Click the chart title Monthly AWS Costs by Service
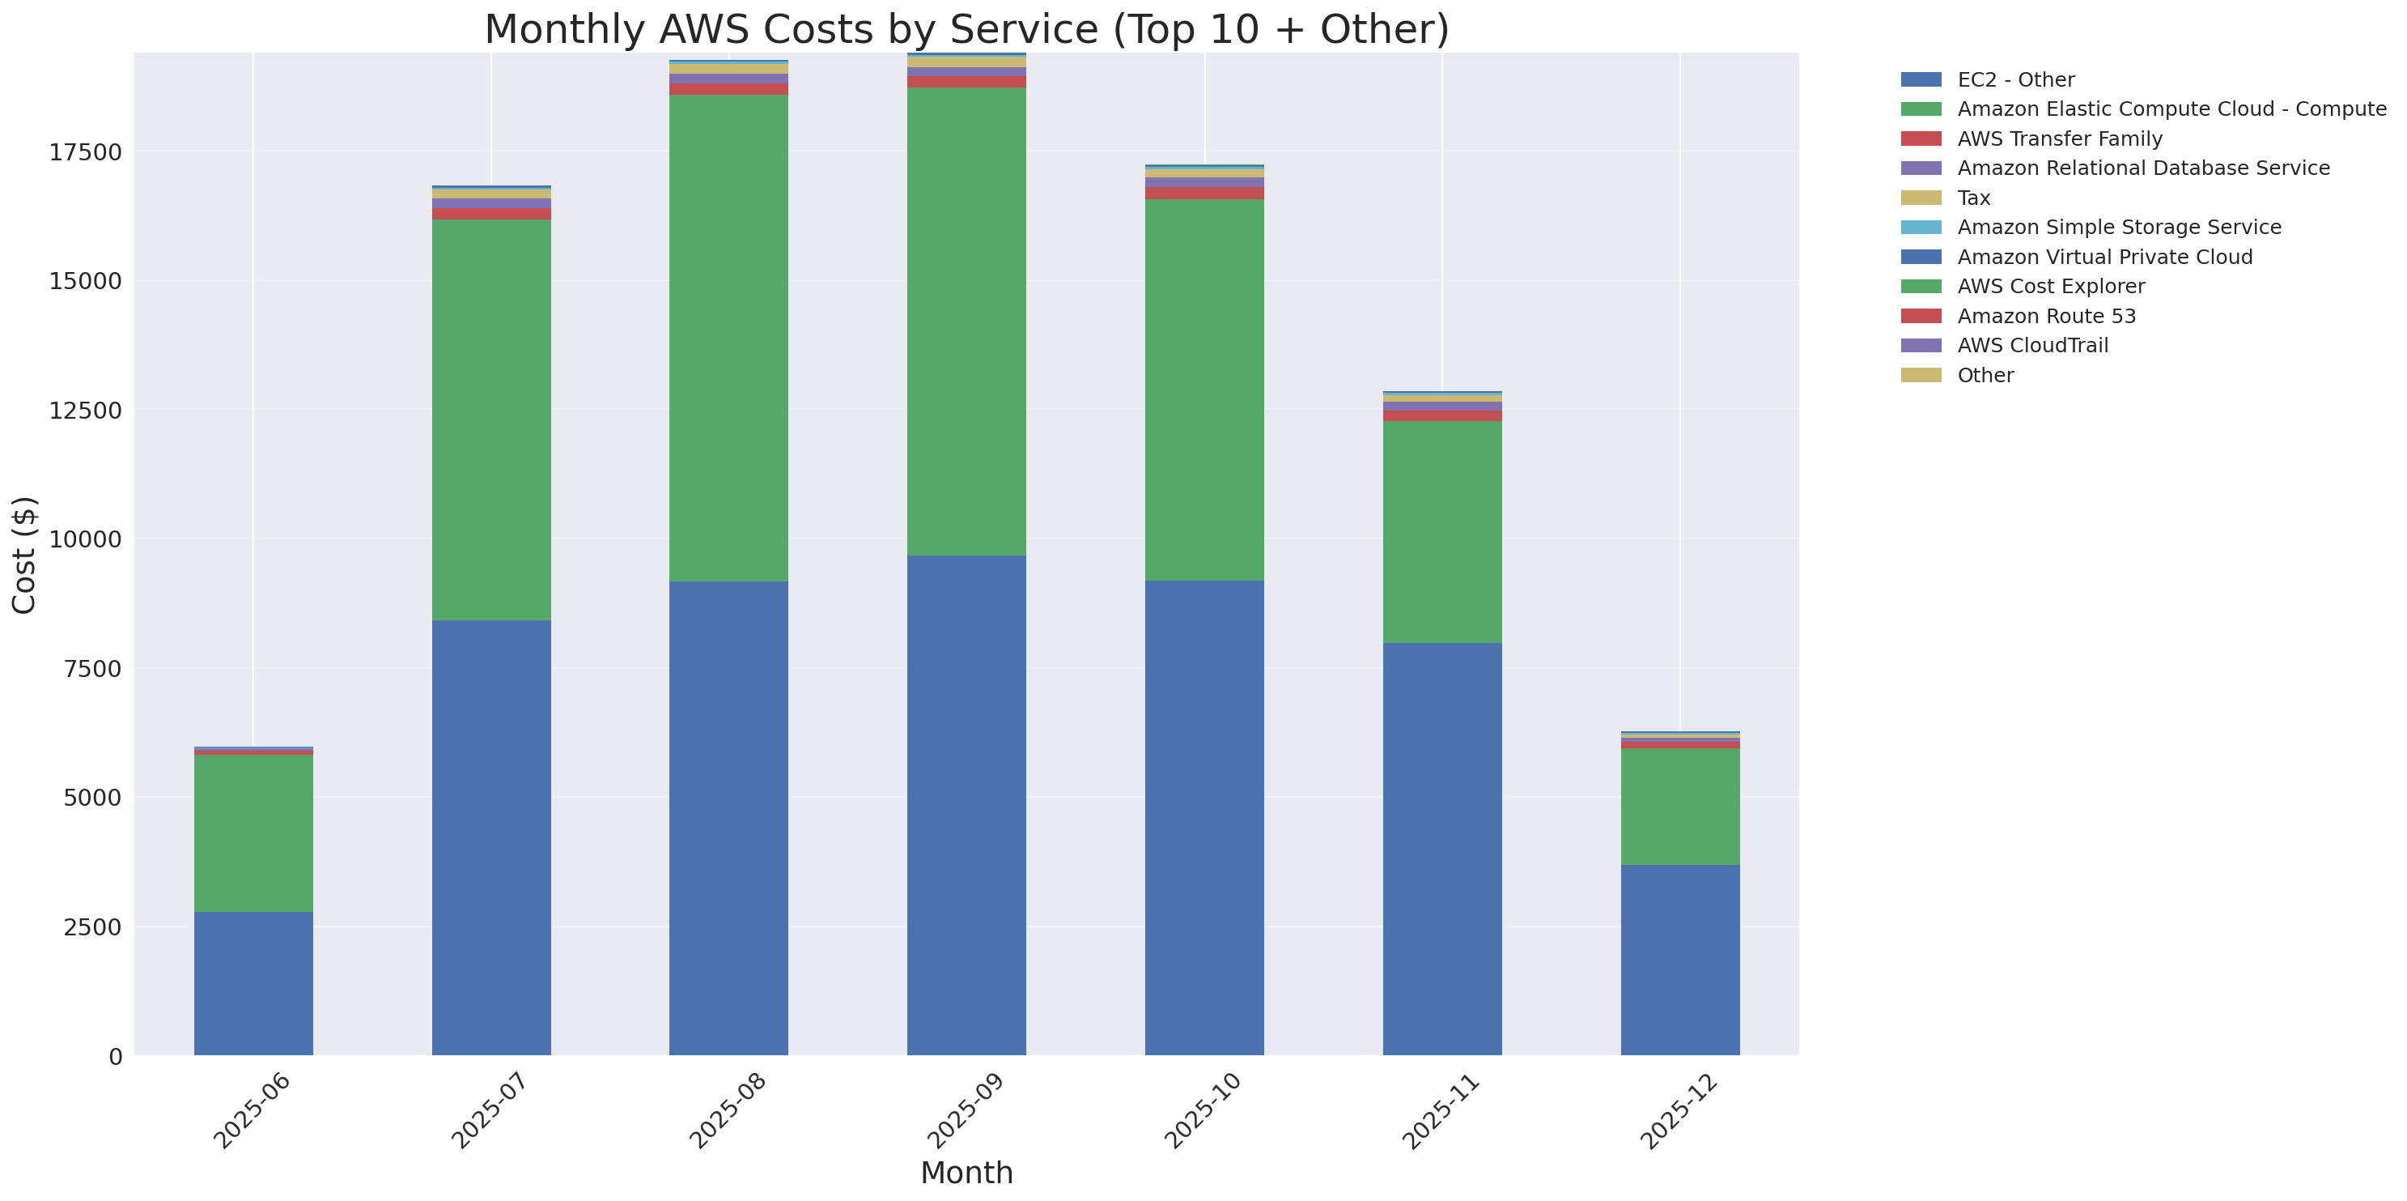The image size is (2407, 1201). point(966,30)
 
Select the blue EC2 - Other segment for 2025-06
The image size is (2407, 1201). point(253,983)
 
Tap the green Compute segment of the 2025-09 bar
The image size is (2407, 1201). point(966,322)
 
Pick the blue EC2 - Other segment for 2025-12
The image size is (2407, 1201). point(1680,960)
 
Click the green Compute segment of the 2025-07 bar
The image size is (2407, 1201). point(491,419)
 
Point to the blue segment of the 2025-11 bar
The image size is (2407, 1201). point(1441,849)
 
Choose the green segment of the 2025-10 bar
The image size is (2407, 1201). point(1204,390)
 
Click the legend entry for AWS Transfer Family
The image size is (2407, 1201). point(2060,139)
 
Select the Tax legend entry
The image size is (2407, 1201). point(1973,198)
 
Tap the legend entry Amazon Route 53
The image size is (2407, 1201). point(2046,316)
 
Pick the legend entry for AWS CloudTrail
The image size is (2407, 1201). point(2032,346)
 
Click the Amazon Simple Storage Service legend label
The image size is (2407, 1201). point(2118,227)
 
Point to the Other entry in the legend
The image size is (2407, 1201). point(1985,376)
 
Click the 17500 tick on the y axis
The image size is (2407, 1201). point(85,152)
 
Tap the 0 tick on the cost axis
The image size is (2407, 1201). point(115,1056)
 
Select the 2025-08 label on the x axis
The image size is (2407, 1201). point(728,1111)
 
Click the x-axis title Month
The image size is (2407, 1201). point(966,1173)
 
